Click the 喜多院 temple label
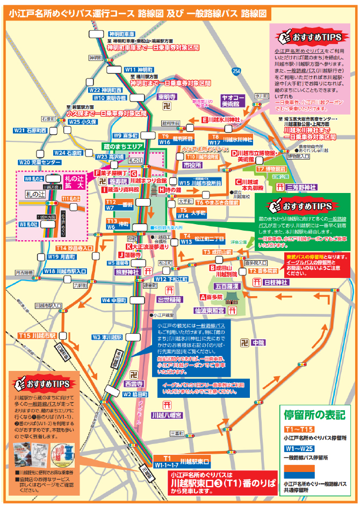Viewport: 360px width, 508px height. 211,297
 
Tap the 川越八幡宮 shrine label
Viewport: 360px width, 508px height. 167,415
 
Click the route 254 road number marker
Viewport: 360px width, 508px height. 237,71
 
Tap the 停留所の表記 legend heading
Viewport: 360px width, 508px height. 314,414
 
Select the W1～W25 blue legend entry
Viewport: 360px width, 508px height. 297,448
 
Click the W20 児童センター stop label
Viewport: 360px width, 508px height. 40,161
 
